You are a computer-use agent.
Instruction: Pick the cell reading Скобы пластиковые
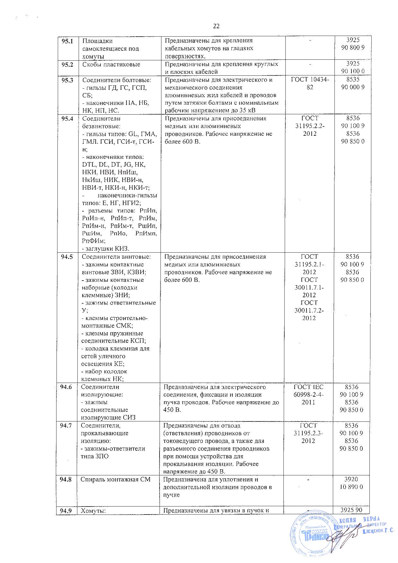click(x=111, y=65)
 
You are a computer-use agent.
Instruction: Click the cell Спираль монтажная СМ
click(x=116, y=480)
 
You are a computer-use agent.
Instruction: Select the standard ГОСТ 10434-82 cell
click(x=309, y=83)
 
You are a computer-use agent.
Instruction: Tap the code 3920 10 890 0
click(x=353, y=483)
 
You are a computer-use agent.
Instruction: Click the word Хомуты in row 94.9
click(x=93, y=511)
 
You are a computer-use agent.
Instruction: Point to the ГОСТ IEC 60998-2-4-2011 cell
click(x=309, y=394)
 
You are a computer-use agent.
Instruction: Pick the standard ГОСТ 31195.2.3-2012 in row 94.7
click(x=309, y=433)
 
